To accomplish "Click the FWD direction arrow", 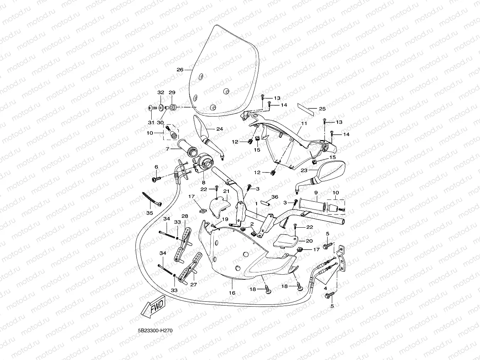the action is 153,306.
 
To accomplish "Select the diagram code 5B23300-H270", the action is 155,331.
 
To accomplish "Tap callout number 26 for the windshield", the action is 180,69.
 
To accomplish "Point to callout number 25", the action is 322,109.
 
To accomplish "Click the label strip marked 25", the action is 306,109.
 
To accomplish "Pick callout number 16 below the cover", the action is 232,293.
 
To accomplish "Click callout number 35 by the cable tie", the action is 150,213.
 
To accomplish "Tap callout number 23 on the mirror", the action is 304,170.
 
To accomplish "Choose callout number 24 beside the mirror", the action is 220,129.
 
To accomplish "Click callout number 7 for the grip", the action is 167,149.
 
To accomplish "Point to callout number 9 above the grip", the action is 316,193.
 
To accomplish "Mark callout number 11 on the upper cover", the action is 304,123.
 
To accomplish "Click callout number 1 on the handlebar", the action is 256,203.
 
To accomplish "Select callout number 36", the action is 275,197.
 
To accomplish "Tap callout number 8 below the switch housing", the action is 204,182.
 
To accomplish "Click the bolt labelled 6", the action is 156,179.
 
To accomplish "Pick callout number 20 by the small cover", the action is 309,241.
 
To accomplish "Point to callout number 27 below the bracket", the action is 194,284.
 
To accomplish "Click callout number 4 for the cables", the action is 325,288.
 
